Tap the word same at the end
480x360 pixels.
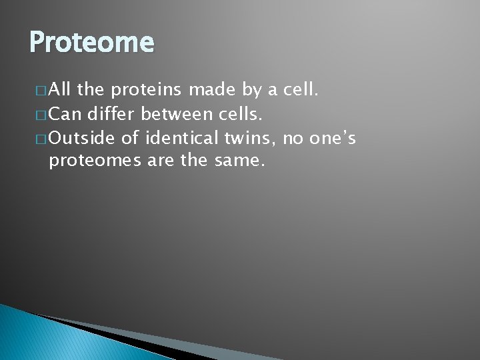[x=244, y=161]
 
